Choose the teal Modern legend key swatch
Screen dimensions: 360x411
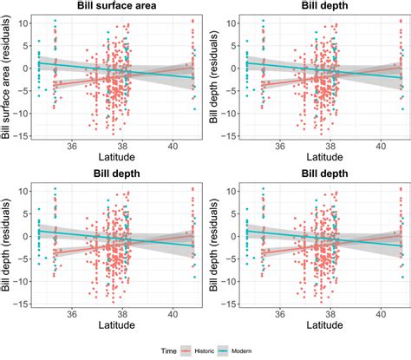[244, 350]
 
